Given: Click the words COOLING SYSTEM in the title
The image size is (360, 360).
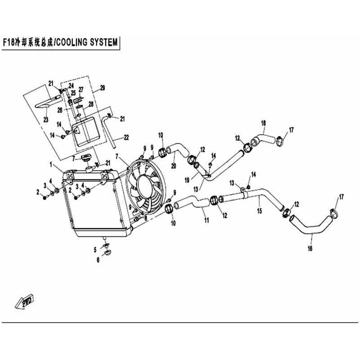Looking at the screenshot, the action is tap(87, 42).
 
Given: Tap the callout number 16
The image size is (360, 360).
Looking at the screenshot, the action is tap(310, 248).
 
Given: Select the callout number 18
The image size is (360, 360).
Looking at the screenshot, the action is tap(263, 123).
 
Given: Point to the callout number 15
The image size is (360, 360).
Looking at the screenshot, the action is tap(260, 211).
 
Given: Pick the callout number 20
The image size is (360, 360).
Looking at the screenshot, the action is tap(174, 165).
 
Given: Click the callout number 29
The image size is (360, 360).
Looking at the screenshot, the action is tap(103, 88).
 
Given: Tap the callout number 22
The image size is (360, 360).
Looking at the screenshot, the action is tap(126, 137).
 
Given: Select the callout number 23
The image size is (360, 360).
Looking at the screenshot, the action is tap(46, 119).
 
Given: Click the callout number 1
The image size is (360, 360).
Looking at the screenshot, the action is tap(51, 164).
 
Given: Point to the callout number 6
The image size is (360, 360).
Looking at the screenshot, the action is tap(98, 260).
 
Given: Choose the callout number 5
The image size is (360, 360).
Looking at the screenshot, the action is tap(95, 250).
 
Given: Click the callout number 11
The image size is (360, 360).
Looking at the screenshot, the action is tap(207, 220).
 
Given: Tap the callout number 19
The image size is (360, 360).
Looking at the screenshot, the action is tap(187, 180).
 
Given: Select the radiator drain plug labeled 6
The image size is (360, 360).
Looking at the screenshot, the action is tap(107, 252).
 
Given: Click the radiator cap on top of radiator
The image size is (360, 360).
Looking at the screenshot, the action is tap(85, 159).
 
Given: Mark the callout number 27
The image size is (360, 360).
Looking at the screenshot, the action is tap(81, 89).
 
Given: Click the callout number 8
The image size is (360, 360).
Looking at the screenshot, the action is tap(145, 218).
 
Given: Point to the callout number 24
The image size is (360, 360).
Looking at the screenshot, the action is tap(71, 86).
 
